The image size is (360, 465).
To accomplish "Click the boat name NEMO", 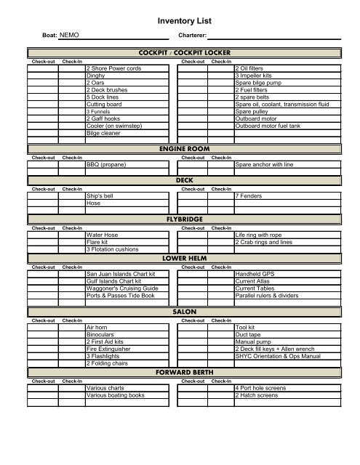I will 69,35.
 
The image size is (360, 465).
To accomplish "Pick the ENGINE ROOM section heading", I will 182,148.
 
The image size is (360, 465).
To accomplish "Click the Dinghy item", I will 95,75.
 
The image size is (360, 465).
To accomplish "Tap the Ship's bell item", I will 100,197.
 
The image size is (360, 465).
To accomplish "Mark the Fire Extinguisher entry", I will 108,349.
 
